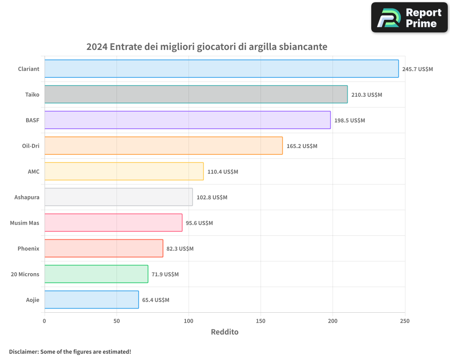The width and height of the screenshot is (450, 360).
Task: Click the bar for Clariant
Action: (x=221, y=69)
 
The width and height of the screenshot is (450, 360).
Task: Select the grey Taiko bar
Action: (x=196, y=94)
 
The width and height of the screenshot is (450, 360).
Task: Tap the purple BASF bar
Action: (x=187, y=120)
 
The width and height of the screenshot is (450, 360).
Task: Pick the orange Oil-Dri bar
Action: (x=163, y=146)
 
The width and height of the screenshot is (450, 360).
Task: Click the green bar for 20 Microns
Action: (x=96, y=274)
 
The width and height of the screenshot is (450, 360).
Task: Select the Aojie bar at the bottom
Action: (x=91, y=300)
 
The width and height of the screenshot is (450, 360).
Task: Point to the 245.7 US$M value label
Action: (x=417, y=69)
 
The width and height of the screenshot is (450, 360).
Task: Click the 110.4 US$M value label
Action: (x=223, y=172)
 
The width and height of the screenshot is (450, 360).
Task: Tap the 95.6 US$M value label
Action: (x=199, y=223)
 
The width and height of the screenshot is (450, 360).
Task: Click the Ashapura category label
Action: (x=27, y=197)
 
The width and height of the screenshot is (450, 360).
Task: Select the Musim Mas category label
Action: (x=24, y=223)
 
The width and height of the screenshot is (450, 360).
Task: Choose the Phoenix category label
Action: (x=28, y=248)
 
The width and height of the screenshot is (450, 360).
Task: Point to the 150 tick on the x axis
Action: (x=261, y=321)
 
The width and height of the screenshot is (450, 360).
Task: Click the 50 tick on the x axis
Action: (x=117, y=321)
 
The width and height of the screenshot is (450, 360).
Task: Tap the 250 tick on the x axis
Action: (x=405, y=321)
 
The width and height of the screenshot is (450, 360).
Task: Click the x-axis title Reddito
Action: (x=225, y=332)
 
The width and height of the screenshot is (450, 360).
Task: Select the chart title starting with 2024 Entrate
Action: (x=207, y=47)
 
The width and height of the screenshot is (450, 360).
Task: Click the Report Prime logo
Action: (x=409, y=18)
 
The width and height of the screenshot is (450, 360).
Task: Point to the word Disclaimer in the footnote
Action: (x=23, y=351)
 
